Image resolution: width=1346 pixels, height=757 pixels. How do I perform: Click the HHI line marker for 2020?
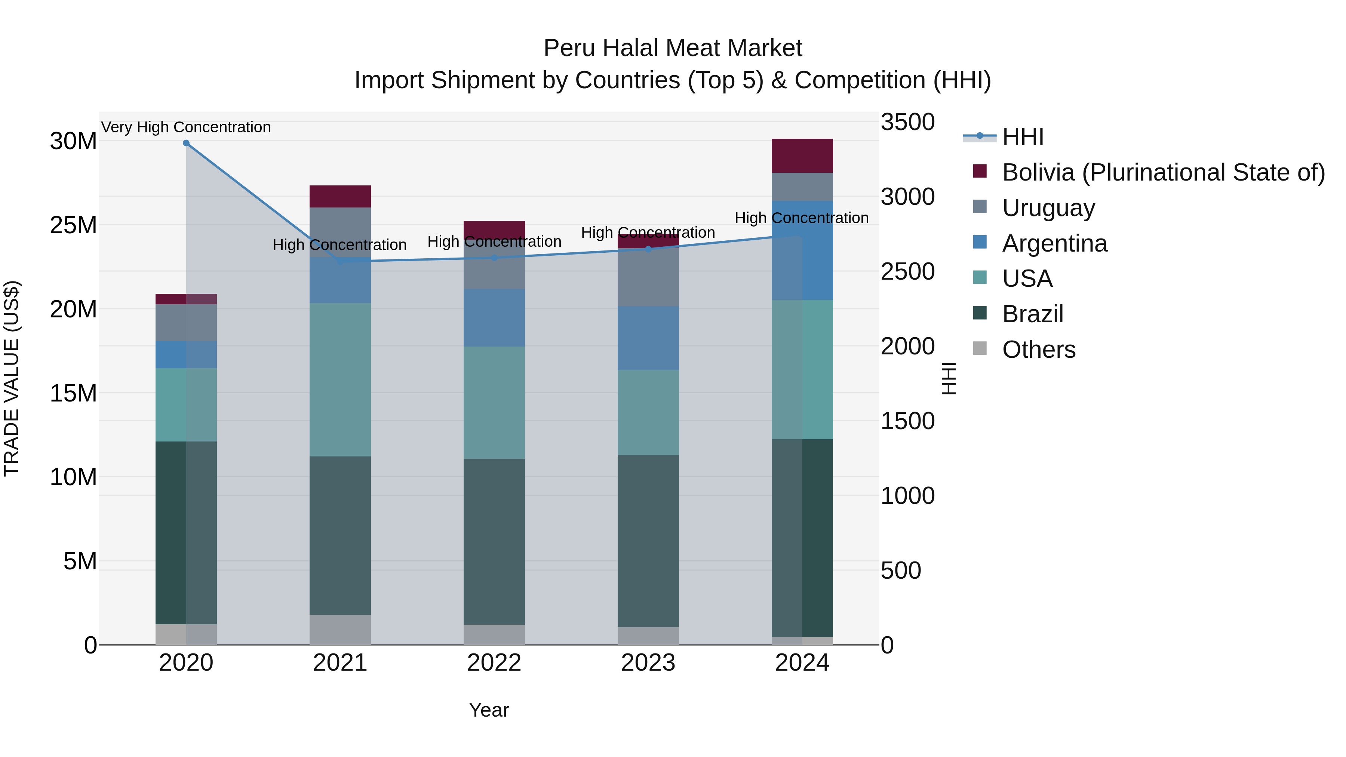click(x=186, y=143)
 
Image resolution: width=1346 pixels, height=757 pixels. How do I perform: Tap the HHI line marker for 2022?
click(x=494, y=258)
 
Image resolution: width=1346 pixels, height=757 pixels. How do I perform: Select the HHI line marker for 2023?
click(x=648, y=249)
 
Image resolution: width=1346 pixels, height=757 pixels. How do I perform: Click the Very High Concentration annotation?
click(x=186, y=127)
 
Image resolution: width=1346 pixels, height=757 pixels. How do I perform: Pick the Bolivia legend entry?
click(x=1163, y=172)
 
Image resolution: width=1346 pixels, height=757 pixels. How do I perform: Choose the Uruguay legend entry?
click(x=1048, y=208)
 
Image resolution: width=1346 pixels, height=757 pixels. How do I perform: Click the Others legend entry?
click(x=1038, y=350)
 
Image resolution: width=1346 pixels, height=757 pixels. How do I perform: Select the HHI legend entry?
click(x=1023, y=137)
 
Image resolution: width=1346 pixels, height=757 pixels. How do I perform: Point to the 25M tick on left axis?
click(x=73, y=225)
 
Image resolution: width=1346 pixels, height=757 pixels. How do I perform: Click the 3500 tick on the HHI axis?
click(x=907, y=122)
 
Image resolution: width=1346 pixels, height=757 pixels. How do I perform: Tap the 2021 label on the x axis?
click(x=340, y=663)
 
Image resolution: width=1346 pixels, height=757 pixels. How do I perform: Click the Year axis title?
click(x=489, y=710)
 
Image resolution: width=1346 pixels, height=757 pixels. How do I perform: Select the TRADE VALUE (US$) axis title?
click(x=12, y=378)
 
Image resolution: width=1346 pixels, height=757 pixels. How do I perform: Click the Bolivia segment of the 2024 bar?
click(x=802, y=156)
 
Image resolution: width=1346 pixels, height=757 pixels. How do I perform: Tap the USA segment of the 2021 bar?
click(x=340, y=379)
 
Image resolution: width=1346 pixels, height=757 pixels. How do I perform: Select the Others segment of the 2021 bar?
click(x=340, y=630)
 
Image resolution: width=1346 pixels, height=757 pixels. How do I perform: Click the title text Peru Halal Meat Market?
click(x=673, y=48)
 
